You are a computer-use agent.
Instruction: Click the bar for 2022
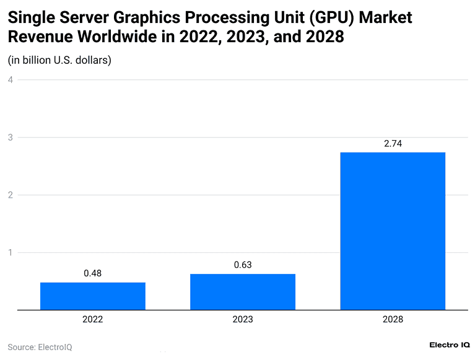click(x=92, y=296)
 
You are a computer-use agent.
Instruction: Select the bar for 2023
click(x=242, y=292)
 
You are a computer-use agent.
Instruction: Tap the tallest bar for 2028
click(x=393, y=231)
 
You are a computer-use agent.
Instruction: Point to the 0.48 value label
click(x=92, y=273)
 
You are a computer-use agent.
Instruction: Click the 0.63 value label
click(x=242, y=265)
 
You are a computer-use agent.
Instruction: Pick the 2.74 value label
click(x=393, y=143)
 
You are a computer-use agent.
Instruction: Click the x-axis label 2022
click(x=92, y=320)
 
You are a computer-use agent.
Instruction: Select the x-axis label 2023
click(x=242, y=320)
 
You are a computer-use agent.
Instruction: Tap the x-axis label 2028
click(x=393, y=320)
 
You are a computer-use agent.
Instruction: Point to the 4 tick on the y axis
click(x=11, y=80)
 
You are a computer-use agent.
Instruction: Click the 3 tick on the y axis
click(x=11, y=138)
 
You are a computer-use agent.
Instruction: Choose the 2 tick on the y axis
click(x=11, y=195)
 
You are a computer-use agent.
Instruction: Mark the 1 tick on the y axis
click(x=11, y=253)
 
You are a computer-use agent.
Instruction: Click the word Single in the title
click(x=32, y=17)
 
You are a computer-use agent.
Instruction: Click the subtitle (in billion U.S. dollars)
click(x=59, y=60)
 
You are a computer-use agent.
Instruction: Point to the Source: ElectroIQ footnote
click(x=40, y=347)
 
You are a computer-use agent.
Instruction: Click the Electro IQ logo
click(x=449, y=345)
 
